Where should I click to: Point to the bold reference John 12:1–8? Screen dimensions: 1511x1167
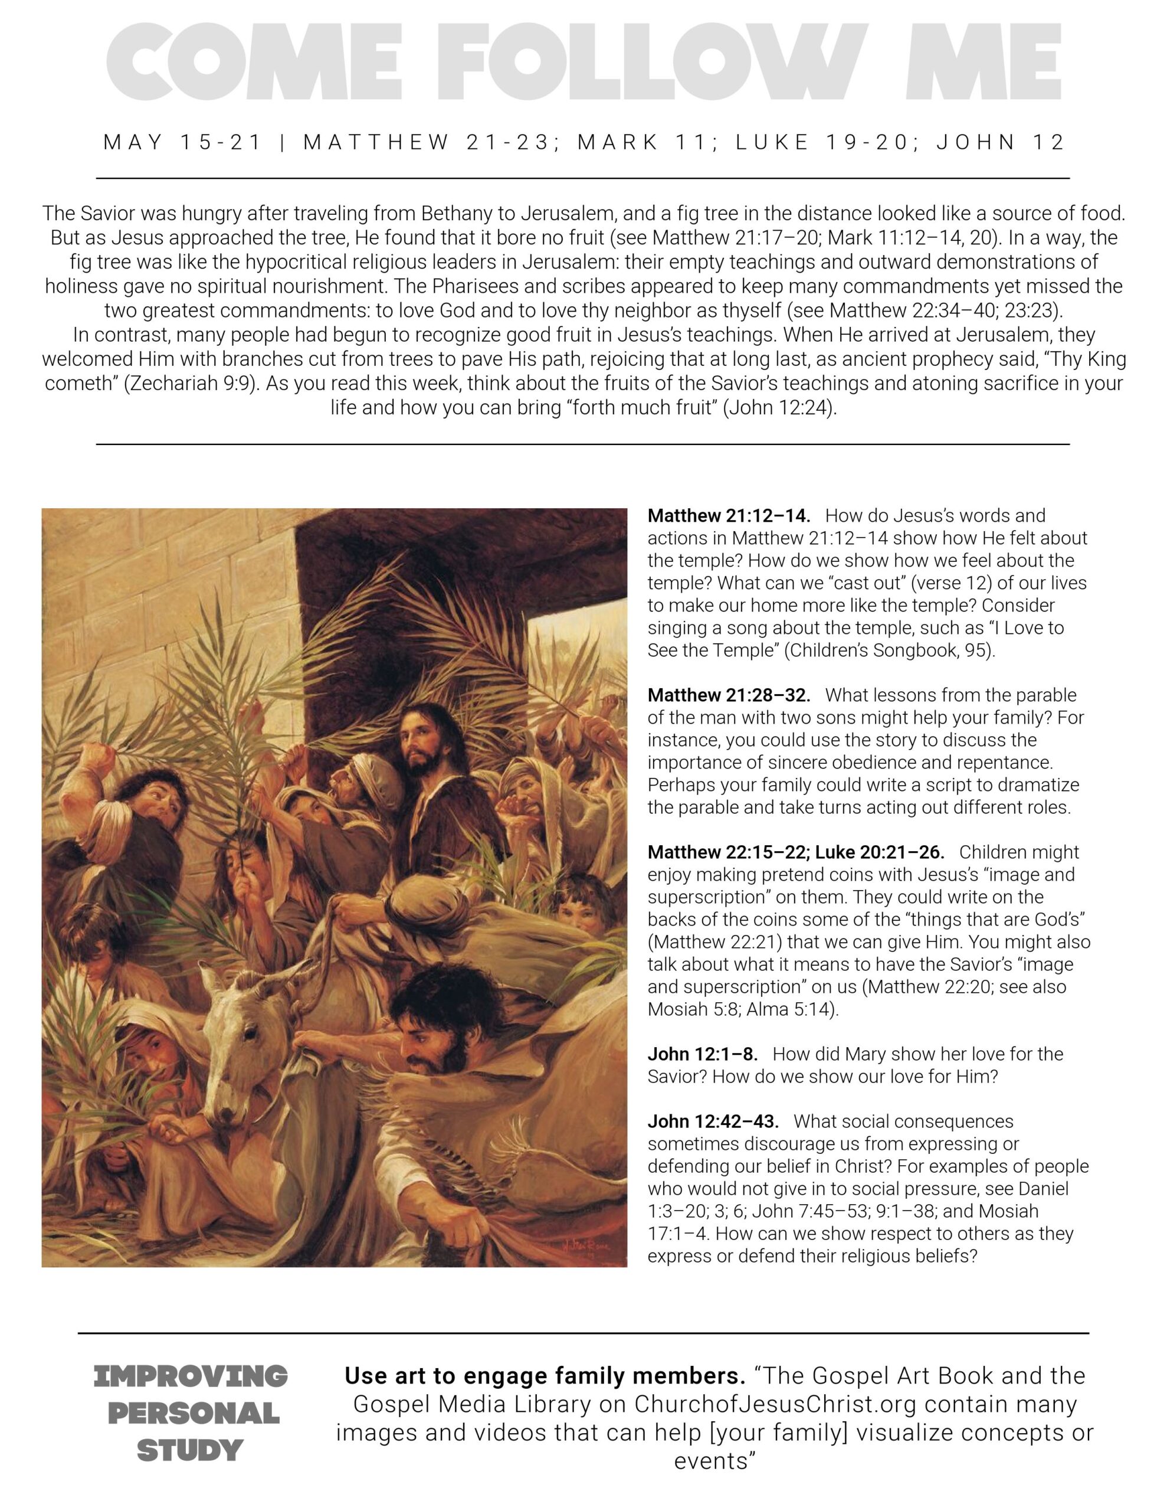coord(702,1054)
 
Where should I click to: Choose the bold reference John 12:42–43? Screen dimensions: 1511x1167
coord(713,1121)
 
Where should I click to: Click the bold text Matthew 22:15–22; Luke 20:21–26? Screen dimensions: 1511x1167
coord(795,852)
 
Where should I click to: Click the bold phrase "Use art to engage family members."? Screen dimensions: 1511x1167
coord(545,1376)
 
